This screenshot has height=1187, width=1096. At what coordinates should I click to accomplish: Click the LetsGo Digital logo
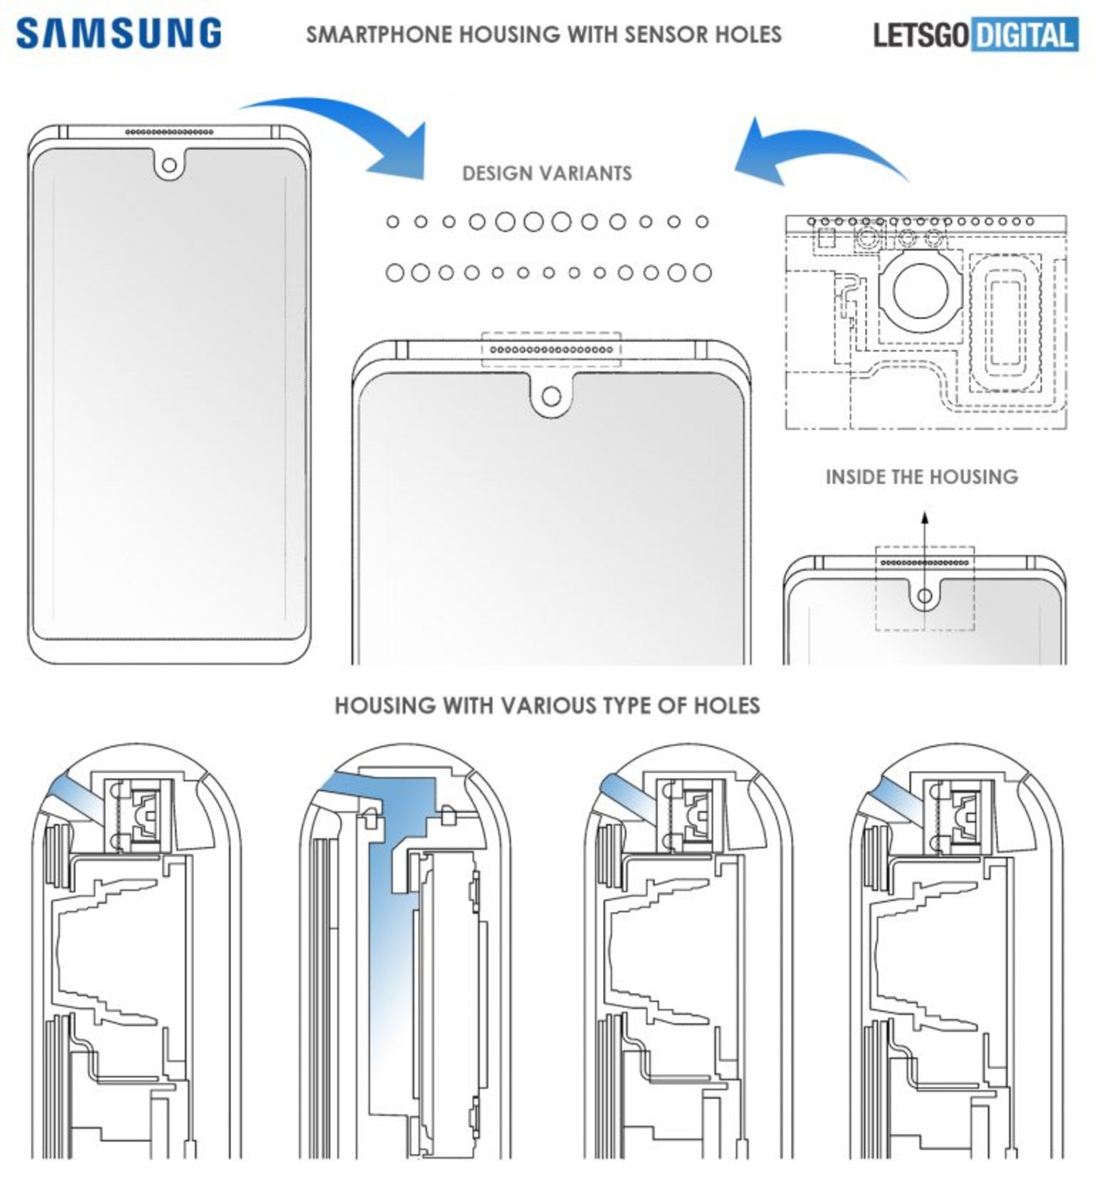(975, 35)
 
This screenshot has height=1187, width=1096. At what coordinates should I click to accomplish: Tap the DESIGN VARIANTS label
(547, 173)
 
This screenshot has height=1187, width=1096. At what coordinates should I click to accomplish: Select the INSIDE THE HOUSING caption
(922, 477)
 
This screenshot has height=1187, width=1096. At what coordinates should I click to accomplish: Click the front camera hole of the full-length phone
(169, 165)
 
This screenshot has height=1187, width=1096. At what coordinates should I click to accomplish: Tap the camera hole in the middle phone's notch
(551, 396)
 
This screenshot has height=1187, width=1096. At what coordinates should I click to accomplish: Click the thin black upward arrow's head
(925, 518)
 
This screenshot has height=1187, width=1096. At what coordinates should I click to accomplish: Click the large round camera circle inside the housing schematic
(920, 293)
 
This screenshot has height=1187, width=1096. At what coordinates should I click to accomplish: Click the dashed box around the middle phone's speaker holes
(551, 350)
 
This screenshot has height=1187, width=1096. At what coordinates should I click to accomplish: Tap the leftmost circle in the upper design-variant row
(393, 222)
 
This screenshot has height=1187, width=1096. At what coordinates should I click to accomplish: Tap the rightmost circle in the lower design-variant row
(702, 273)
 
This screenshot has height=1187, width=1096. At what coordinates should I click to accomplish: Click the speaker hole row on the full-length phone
(169, 132)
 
